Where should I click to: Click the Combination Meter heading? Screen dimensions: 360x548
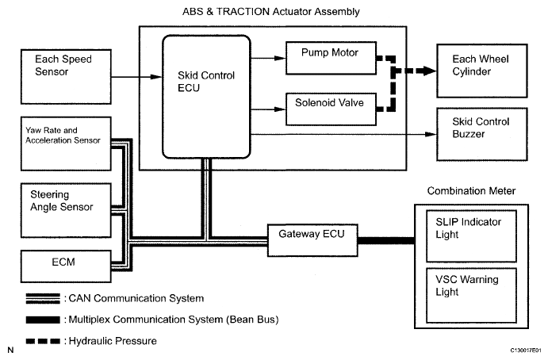(470, 191)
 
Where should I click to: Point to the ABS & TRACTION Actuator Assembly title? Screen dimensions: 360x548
(273, 10)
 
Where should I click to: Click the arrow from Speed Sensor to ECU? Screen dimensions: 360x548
(136, 76)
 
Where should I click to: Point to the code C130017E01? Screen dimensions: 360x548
(519, 349)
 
